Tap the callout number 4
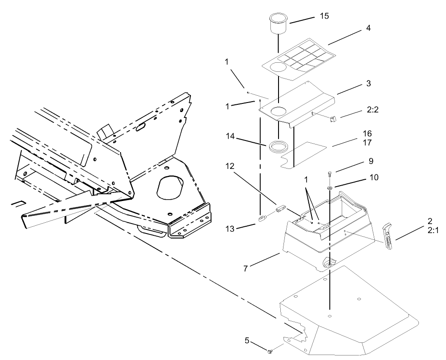(368, 28)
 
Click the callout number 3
(368, 84)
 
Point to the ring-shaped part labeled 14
(279, 146)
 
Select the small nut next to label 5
(270, 351)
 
